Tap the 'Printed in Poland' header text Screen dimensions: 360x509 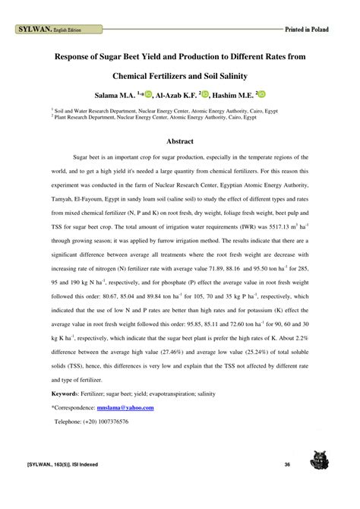click(x=307, y=30)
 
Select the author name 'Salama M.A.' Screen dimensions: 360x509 click(x=115, y=96)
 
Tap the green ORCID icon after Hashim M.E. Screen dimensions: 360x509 click(x=264, y=95)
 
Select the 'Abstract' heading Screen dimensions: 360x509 click(x=180, y=141)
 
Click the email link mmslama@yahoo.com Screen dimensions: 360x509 click(x=128, y=408)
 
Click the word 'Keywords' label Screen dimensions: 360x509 click(x=65, y=395)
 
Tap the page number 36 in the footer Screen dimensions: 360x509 click(x=287, y=465)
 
